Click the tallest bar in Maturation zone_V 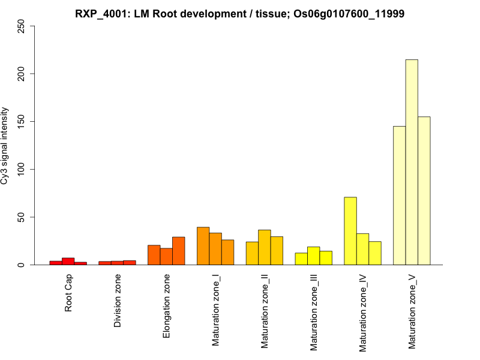pyautogui.click(x=412, y=162)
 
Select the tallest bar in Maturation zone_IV pyautogui.click(x=350, y=231)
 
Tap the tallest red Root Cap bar pyautogui.click(x=68, y=262)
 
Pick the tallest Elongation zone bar pyautogui.click(x=179, y=251)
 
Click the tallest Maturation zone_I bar pyautogui.click(x=203, y=246)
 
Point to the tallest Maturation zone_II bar pyautogui.click(x=265, y=247)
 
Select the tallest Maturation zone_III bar pyautogui.click(x=314, y=256)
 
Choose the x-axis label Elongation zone pyautogui.click(x=167, y=305)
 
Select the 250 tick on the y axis pyautogui.click(x=22, y=26)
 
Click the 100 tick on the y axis pyautogui.click(x=22, y=169)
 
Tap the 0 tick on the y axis pyautogui.click(x=22, y=265)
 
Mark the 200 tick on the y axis pyautogui.click(x=22, y=74)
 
